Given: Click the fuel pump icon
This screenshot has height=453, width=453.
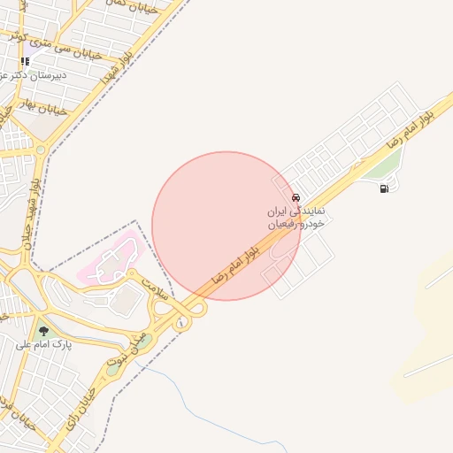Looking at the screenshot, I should [384, 188].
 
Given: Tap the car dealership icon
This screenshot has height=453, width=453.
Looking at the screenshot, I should [295, 198].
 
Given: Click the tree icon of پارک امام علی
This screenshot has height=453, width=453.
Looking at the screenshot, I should [43, 332].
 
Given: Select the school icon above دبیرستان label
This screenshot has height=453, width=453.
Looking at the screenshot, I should [25, 62].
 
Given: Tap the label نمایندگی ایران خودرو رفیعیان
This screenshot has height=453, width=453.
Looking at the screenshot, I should [297, 219].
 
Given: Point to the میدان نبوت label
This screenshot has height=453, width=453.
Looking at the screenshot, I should [124, 350].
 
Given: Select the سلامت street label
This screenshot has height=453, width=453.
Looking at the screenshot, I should [157, 289].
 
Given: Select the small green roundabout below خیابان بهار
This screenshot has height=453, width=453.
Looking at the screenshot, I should [42, 150].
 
